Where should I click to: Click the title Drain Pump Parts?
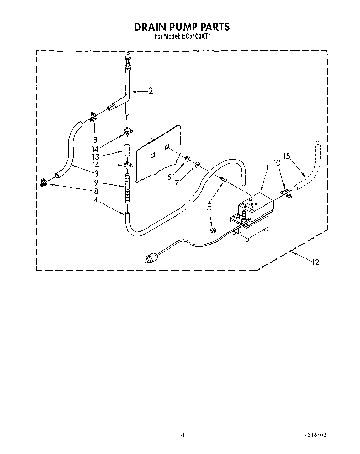(182, 27)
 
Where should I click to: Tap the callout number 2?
(151, 91)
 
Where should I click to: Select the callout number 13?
(95, 156)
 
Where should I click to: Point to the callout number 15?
(286, 156)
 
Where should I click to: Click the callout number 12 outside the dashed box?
(315, 262)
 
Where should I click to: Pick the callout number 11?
(209, 212)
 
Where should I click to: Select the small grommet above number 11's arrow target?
(213, 230)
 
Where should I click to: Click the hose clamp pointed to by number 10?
(286, 193)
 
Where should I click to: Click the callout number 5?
(169, 177)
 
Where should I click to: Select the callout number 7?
(177, 183)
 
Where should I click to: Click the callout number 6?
(209, 204)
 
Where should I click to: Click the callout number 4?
(96, 199)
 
